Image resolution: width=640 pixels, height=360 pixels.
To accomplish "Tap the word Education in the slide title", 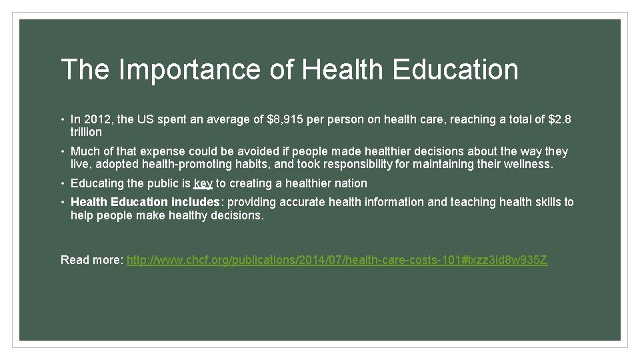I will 455,70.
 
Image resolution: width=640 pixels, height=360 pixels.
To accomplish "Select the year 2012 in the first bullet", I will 97,120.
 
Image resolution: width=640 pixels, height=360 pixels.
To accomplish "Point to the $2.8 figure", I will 559,120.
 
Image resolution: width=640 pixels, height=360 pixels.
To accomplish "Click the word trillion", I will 86,133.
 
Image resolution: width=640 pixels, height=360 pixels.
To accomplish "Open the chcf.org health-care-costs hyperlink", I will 337,260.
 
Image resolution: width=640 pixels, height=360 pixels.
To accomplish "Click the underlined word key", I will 203,183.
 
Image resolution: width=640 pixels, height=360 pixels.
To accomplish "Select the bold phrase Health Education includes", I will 145,202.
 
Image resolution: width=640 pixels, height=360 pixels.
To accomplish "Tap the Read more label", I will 91,260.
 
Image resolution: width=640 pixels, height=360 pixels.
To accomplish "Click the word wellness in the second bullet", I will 528,164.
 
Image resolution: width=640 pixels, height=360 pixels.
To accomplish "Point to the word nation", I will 351,183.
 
